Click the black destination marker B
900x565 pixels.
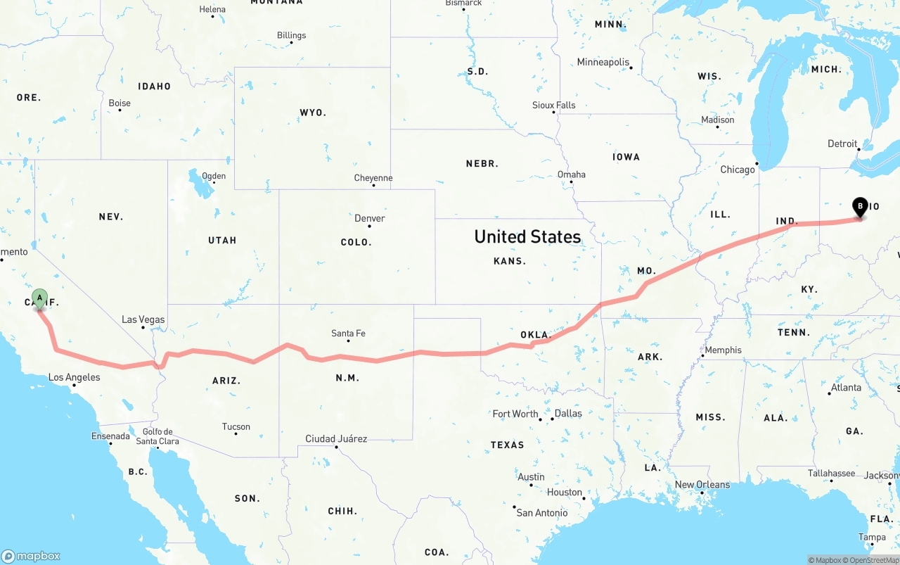pyautogui.click(x=859, y=207)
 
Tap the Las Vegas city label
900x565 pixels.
pyautogui.click(x=143, y=319)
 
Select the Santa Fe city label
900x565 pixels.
pyautogui.click(x=348, y=334)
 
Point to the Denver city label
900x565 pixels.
pyautogui.click(x=370, y=218)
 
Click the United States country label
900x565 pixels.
pyautogui.click(x=527, y=236)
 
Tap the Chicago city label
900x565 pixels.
pyautogui.click(x=737, y=170)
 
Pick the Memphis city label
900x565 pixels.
pyautogui.click(x=723, y=350)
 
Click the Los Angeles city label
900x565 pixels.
pyautogui.click(x=74, y=377)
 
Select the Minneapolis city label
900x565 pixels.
pyautogui.click(x=603, y=62)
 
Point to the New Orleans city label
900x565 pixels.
pyautogui.click(x=702, y=485)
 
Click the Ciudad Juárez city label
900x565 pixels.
pyautogui.click(x=335, y=439)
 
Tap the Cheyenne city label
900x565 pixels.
pyautogui.click(x=373, y=178)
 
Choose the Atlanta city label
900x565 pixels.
pyautogui.click(x=845, y=388)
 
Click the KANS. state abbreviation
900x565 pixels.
pyautogui.click(x=509, y=261)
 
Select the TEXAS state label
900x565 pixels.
pyautogui.click(x=507, y=445)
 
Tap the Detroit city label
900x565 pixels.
pyautogui.click(x=842, y=144)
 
